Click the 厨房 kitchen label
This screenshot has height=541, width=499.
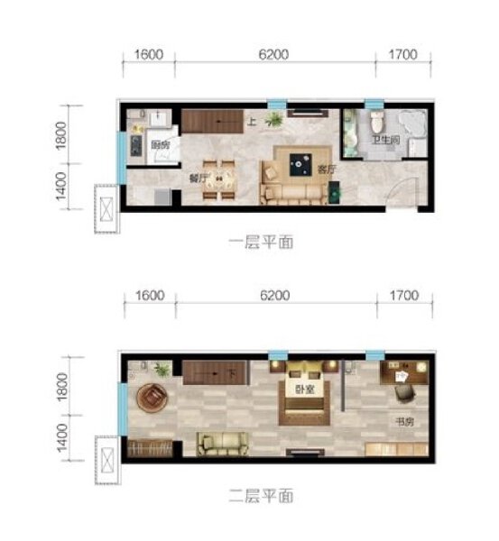[161, 146]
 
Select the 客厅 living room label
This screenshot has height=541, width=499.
[326, 168]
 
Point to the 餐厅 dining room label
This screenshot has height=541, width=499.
[198, 178]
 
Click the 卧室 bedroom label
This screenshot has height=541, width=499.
[303, 390]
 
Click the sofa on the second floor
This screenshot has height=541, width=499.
[221, 444]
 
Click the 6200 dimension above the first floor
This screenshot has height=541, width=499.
[273, 54]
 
